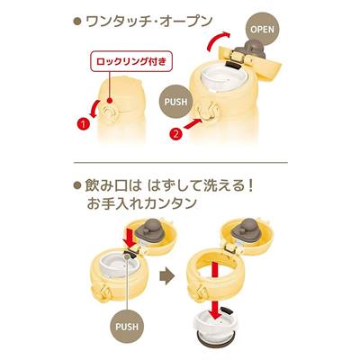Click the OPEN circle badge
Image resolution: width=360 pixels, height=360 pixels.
tap(262, 30)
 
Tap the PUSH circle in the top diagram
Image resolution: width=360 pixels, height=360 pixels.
tap(175, 102)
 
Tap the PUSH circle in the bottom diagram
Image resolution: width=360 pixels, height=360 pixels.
tap(127, 326)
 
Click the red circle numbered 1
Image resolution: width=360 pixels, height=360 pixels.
tap(84, 123)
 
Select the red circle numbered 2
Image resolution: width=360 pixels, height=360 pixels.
tap(176, 134)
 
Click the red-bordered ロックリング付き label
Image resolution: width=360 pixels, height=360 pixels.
tap(131, 62)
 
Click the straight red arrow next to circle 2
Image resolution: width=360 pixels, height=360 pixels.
tap(193, 123)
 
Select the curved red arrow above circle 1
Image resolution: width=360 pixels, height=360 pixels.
tap(96, 109)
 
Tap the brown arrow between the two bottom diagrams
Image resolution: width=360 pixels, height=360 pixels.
tap(167, 275)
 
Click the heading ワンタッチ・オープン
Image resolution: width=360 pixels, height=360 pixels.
tap(149, 22)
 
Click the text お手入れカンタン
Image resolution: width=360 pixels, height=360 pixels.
tap(141, 204)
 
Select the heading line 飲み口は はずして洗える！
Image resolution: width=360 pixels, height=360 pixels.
tap(169, 186)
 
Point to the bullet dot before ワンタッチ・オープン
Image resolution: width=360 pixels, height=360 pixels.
tap(78, 22)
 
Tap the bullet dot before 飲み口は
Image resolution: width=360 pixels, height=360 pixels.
tap(78, 185)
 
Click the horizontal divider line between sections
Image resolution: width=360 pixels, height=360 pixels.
tap(181, 163)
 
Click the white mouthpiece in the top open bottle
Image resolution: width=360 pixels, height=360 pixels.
tap(224, 78)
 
